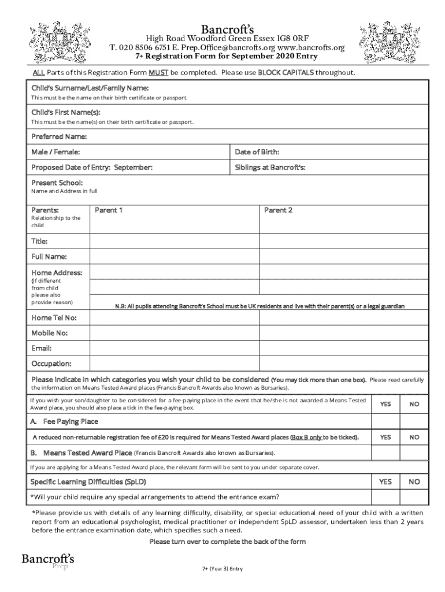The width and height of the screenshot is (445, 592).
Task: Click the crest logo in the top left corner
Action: pyautogui.click(x=52, y=42)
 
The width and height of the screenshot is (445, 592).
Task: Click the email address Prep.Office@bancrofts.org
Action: pyautogui.click(x=231, y=47)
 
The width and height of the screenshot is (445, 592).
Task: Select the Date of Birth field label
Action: pyautogui.click(x=257, y=152)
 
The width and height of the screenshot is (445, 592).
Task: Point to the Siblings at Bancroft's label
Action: pyautogui.click(x=270, y=167)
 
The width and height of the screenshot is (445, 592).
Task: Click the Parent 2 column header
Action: pyautogui.click(x=279, y=210)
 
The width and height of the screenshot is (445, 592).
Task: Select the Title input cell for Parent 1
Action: pyautogui.click(x=174, y=241)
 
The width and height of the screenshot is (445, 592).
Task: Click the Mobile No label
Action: pyautogui.click(x=49, y=333)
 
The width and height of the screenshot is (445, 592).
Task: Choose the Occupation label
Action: pyautogui.click(x=51, y=364)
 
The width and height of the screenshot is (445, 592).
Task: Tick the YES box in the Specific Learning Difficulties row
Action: pyautogui.click(x=385, y=482)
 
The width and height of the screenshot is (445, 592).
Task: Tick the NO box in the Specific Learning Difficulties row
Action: pyautogui.click(x=414, y=482)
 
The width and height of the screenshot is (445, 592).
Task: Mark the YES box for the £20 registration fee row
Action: pyautogui.click(x=385, y=437)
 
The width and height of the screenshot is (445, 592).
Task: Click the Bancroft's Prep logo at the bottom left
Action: pyautogui.click(x=48, y=561)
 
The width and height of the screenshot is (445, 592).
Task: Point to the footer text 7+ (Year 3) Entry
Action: pyautogui.click(x=222, y=568)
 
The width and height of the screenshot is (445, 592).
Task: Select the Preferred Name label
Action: pyautogui.click(x=59, y=137)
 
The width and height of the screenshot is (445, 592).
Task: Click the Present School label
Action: pyautogui.click(x=57, y=183)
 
